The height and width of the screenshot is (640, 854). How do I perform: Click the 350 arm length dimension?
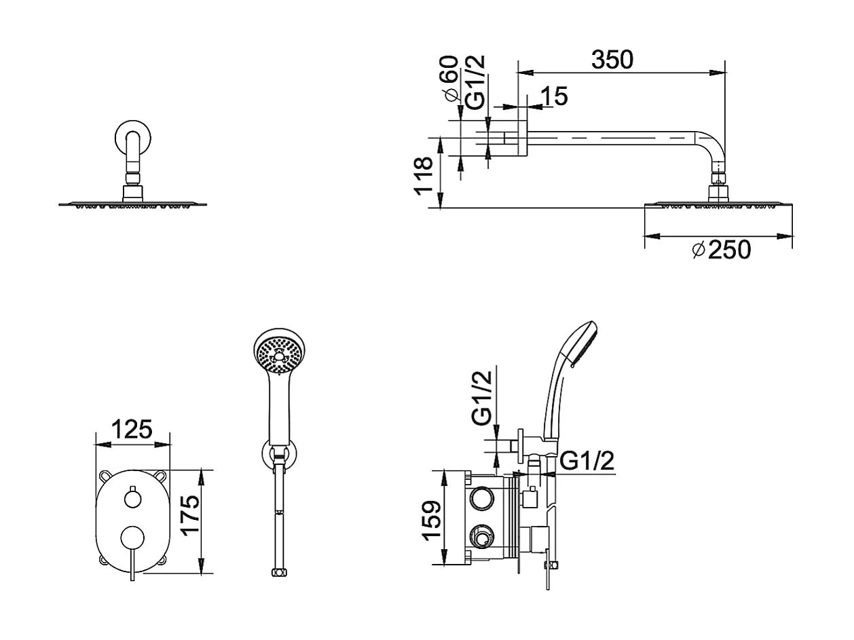(x=612, y=60)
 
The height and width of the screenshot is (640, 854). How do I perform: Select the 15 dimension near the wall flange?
(x=555, y=96)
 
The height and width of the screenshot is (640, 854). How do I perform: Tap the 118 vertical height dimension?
(x=424, y=175)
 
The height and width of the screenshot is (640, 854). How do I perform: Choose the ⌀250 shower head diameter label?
(x=721, y=250)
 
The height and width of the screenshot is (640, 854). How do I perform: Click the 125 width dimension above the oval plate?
(x=131, y=430)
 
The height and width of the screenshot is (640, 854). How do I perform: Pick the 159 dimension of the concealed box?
(x=432, y=520)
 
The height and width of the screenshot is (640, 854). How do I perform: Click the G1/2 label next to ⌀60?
(x=476, y=81)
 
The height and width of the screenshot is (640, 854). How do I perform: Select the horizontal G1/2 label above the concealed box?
(x=587, y=462)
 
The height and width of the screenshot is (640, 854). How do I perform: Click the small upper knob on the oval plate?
(x=133, y=499)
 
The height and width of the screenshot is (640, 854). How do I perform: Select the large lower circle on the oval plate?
(x=132, y=538)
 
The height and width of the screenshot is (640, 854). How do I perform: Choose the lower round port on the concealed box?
(x=481, y=538)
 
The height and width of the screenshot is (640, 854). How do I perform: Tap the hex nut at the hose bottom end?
(x=277, y=573)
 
